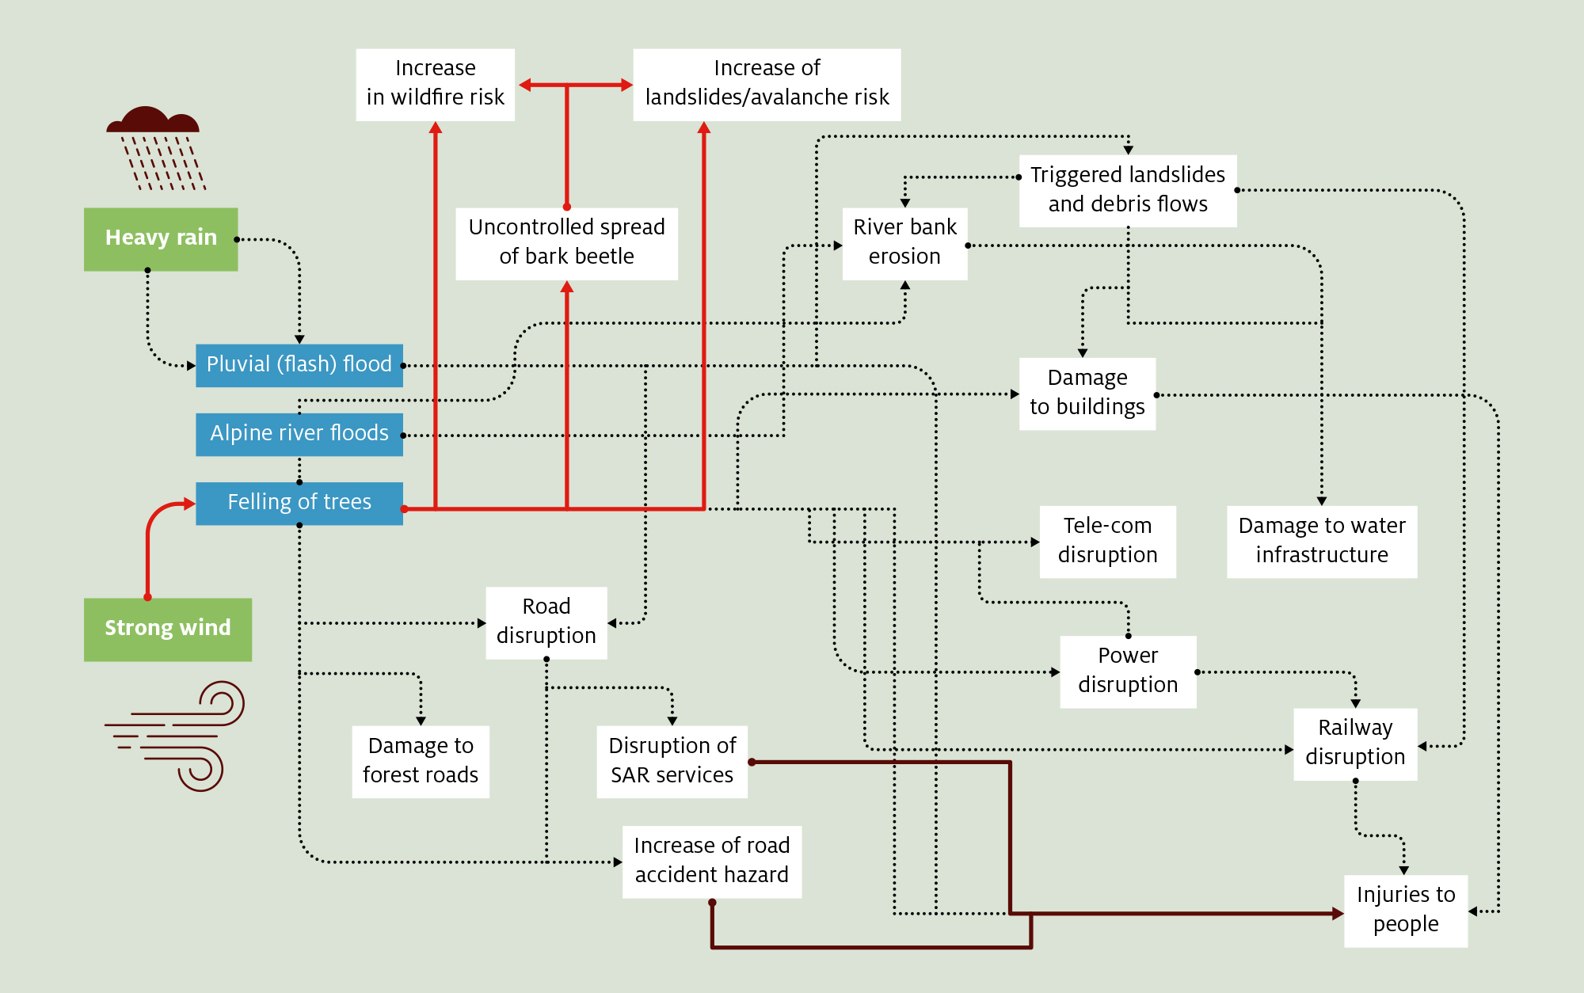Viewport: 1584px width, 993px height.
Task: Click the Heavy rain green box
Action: coord(161,239)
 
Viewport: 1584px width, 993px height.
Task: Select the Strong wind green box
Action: coord(168,630)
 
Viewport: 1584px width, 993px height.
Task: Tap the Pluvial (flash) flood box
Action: coord(299,365)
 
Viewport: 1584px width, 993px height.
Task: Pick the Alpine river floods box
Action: coord(299,434)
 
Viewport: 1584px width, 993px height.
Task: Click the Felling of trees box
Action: coord(299,503)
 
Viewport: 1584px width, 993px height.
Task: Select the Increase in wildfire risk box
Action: coord(435,84)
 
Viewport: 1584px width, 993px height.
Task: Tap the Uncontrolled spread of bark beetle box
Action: coord(566,243)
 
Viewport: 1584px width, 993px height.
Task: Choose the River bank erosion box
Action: coord(904,243)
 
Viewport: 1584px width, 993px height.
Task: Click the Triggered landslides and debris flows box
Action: coord(1128,190)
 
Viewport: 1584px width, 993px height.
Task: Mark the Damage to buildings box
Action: coord(1087,394)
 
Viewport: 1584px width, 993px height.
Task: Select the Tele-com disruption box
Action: coord(1107,542)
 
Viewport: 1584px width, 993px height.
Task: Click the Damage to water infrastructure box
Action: coord(1322,542)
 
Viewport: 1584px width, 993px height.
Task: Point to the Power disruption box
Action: coord(1128,672)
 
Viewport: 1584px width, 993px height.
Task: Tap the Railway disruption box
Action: coord(1355,744)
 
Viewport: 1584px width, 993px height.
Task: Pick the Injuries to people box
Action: coord(1406,911)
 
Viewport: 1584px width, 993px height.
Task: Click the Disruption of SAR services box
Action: coord(672,762)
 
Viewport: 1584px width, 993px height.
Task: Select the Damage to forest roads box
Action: coord(421,762)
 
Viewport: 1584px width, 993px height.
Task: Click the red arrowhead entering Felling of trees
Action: coord(189,504)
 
